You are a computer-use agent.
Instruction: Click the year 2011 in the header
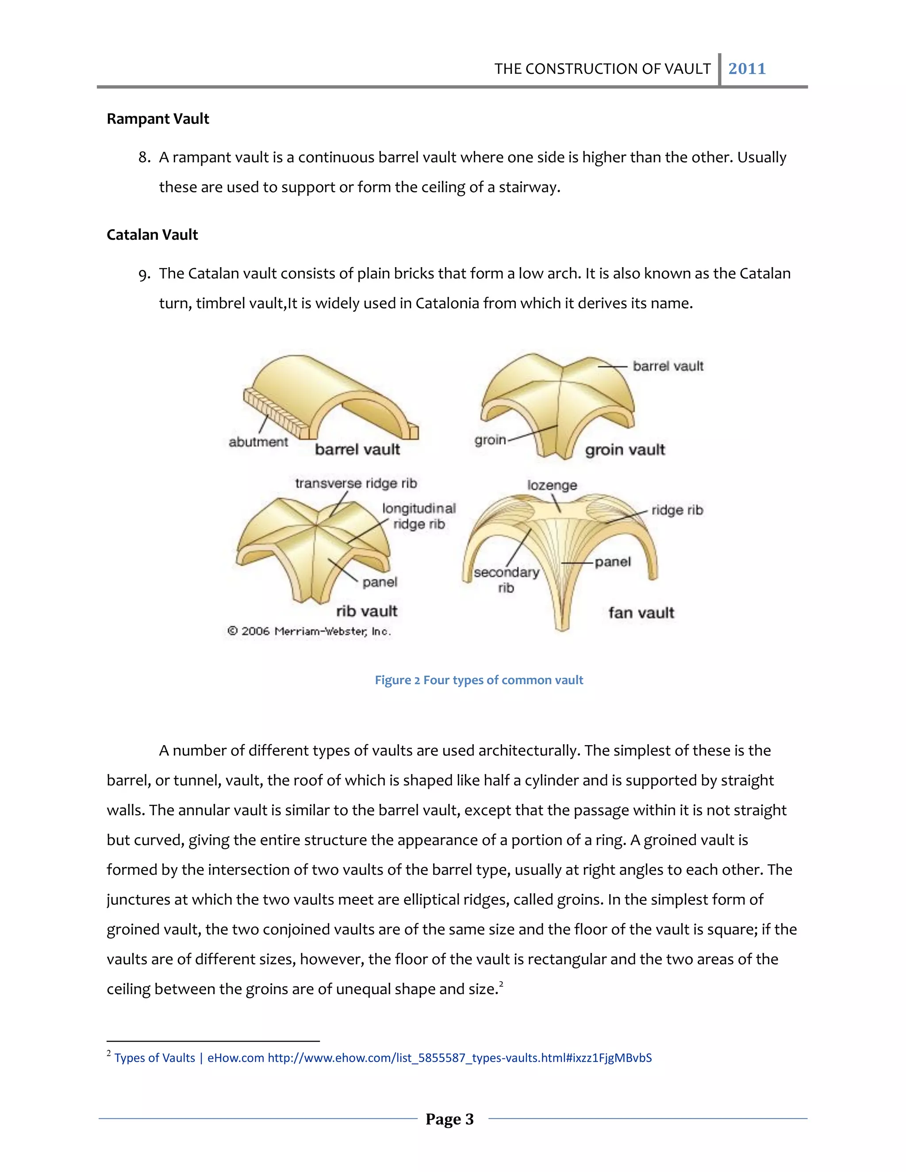coord(747,69)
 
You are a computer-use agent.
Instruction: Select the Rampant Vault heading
coord(158,119)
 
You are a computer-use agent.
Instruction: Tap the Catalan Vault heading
coord(153,234)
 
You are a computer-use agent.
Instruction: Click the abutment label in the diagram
coord(258,442)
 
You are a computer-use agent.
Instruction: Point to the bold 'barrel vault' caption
coord(357,449)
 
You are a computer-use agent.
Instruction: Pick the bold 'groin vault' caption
coord(625,450)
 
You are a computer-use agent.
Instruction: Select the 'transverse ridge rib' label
coord(356,483)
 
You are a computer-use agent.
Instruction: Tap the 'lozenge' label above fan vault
coord(552,485)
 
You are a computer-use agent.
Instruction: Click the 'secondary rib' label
coord(506,579)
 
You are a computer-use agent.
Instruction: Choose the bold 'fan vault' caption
coord(641,612)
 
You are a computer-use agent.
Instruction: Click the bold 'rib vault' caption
coord(367,611)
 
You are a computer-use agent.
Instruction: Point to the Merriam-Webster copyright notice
coord(309,631)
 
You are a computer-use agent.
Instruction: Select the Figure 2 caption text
coord(479,680)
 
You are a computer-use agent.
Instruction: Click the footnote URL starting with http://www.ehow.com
coord(460,1058)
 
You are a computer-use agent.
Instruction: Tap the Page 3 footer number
coord(450,1119)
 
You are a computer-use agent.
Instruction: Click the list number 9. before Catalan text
coord(144,274)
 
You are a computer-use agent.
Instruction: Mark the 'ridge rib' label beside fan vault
coord(677,510)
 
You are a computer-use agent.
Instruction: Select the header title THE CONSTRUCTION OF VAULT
coord(602,69)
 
